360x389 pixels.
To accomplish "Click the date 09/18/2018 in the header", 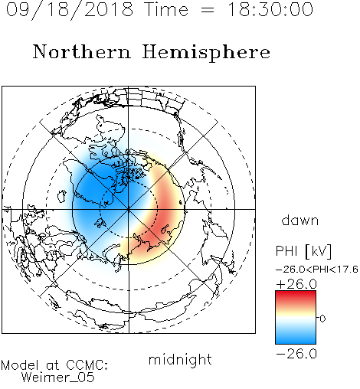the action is [70, 9].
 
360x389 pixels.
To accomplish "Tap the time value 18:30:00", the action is [270, 9].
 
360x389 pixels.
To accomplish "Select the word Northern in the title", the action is [82, 52].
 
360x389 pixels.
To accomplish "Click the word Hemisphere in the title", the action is [206, 52].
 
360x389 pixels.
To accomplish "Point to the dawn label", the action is [300, 220].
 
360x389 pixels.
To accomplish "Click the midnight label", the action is [180, 359].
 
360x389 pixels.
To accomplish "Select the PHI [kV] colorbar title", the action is [303, 251].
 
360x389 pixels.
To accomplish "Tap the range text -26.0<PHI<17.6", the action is [317, 270].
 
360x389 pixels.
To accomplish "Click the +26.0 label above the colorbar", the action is [296, 284].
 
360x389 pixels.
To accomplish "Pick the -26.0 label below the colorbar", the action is [296, 354].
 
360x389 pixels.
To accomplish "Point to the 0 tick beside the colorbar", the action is [322, 319].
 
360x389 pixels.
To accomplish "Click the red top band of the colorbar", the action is [296, 296].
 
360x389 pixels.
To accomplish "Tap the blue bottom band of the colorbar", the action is [296, 338].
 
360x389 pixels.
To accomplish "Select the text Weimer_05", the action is [58, 377].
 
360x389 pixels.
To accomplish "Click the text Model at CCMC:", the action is [54, 365].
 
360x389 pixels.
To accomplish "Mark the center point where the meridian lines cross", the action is [129, 209].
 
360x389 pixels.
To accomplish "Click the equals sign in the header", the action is [208, 10].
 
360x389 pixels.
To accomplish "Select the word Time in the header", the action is [166, 9].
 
